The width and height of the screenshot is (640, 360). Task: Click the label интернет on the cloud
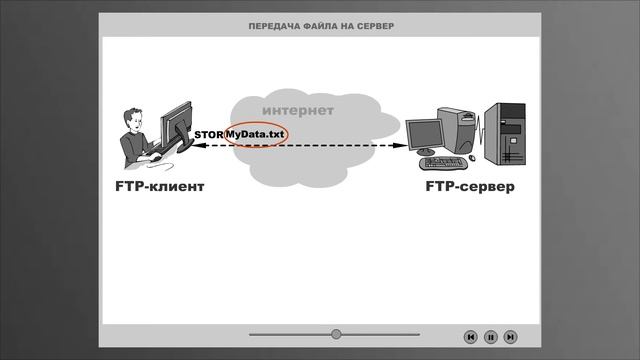pyautogui.click(x=298, y=110)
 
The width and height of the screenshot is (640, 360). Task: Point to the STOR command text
pyautogui.click(x=209, y=135)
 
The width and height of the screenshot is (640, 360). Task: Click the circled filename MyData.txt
pyautogui.click(x=256, y=134)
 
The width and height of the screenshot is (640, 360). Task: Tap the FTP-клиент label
pyautogui.click(x=159, y=186)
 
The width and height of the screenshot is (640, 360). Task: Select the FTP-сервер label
pyautogui.click(x=470, y=186)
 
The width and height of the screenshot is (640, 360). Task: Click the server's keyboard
pyautogui.click(x=443, y=162)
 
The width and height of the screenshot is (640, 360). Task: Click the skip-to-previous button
pyautogui.click(x=470, y=337)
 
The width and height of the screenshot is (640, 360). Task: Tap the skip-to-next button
pyautogui.click(x=510, y=337)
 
